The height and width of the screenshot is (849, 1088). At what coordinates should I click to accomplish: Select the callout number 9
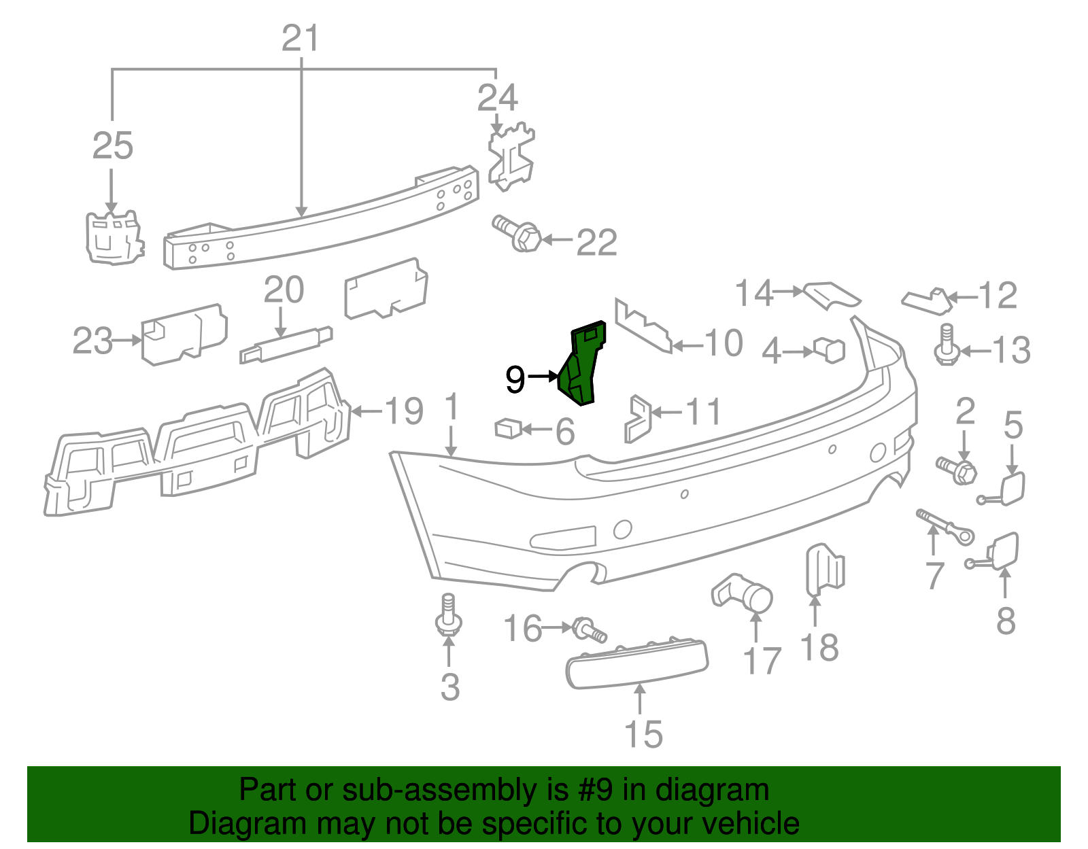pyautogui.click(x=515, y=379)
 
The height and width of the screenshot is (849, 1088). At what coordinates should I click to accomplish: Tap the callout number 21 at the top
pyautogui.click(x=301, y=39)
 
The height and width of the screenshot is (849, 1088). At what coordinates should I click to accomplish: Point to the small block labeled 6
pyautogui.click(x=507, y=428)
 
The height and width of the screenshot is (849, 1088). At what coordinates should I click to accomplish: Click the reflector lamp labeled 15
pyautogui.click(x=636, y=663)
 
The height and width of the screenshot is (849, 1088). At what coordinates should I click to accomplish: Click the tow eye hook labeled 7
pyautogui.click(x=945, y=527)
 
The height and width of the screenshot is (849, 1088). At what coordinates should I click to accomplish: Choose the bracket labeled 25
pyautogui.click(x=114, y=237)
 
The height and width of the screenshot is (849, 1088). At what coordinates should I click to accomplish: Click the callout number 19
pyautogui.click(x=404, y=411)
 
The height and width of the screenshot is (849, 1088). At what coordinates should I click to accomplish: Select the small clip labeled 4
pyautogui.click(x=830, y=350)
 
